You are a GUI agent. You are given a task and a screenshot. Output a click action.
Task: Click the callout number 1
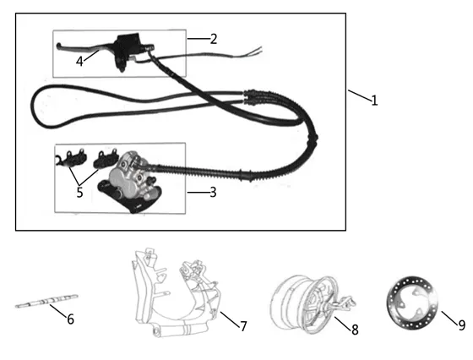pos(374,101)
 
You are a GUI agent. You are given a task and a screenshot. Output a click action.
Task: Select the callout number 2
pos(214,39)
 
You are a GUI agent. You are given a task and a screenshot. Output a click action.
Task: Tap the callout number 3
pos(213,192)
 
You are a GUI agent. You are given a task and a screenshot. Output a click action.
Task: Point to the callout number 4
pos(79,62)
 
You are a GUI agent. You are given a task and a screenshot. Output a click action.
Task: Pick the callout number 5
pos(79,192)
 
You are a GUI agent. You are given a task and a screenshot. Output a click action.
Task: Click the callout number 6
pos(70,319)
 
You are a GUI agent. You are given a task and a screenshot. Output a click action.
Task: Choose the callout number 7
pos(243,326)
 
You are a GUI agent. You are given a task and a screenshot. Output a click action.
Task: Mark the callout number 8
pos(355,330)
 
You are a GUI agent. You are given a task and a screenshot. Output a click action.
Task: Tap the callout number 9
pos(462,325)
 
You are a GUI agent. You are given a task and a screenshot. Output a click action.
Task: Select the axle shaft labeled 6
pos(46,301)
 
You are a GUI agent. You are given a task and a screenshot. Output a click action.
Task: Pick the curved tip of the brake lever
pos(59,46)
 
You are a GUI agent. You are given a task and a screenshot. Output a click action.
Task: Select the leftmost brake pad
pos(73,157)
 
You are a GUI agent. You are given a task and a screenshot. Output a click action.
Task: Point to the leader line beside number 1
pos(360,95)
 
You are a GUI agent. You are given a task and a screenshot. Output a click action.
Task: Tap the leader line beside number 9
pos(449,318)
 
